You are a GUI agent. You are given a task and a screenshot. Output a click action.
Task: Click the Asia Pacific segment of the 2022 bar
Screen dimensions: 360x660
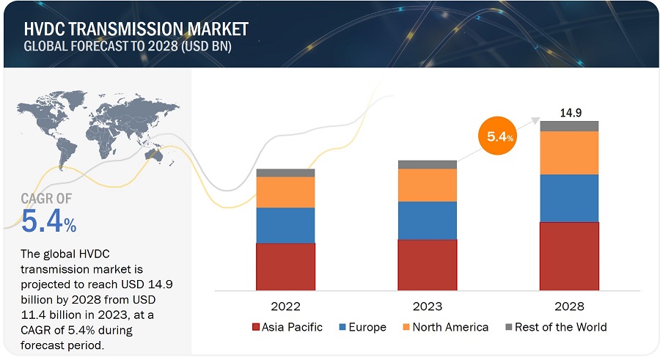[x=285, y=266]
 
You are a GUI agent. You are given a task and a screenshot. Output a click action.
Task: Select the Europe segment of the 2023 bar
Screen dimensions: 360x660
[x=427, y=220]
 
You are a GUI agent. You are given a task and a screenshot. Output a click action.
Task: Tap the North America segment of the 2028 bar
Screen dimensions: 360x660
[x=569, y=153]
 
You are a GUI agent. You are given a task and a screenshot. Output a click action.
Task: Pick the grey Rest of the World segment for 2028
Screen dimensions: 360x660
[x=569, y=126]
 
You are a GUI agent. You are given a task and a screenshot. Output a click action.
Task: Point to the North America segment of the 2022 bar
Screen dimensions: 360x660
[x=285, y=192]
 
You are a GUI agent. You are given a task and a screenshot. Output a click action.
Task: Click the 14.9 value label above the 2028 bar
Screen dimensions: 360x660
[x=570, y=113]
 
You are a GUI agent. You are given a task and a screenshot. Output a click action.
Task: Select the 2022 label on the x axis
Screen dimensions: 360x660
[x=285, y=305]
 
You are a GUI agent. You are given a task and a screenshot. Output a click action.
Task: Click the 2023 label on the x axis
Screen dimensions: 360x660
[x=427, y=305]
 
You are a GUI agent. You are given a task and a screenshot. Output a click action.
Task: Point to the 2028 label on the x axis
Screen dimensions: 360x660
[x=569, y=305]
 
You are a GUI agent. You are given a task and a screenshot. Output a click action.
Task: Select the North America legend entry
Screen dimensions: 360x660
[x=442, y=327]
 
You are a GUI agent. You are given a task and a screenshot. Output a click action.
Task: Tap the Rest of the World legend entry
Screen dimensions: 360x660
[x=555, y=327]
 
